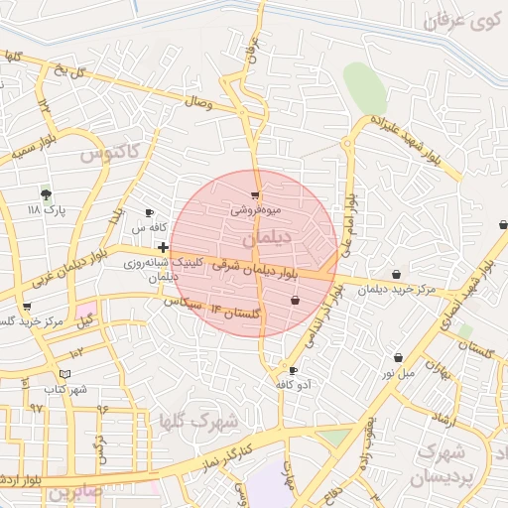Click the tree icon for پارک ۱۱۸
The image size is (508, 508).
pyautogui.click(x=45, y=192)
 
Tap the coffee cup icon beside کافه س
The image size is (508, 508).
pyautogui.click(x=150, y=212)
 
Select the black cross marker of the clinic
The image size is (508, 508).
pyautogui.click(x=163, y=246)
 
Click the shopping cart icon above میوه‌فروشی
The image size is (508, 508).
pyautogui.click(x=256, y=195)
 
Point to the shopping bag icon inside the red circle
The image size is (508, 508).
pyautogui.click(x=295, y=300)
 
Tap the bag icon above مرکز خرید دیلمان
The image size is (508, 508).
pyautogui.click(x=397, y=275)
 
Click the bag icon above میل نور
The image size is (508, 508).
pyautogui.click(x=398, y=357)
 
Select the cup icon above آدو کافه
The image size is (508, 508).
pyautogui.click(x=293, y=370)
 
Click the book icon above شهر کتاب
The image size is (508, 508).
pyautogui.click(x=65, y=374)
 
